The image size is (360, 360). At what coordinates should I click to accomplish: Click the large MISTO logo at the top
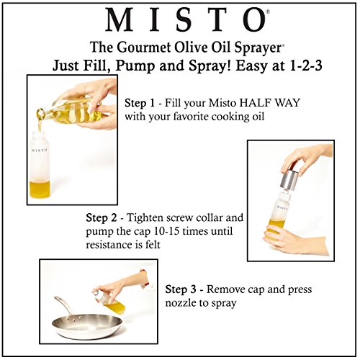tap(179, 21)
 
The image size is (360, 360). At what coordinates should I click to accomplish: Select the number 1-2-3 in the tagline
tap(287, 64)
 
